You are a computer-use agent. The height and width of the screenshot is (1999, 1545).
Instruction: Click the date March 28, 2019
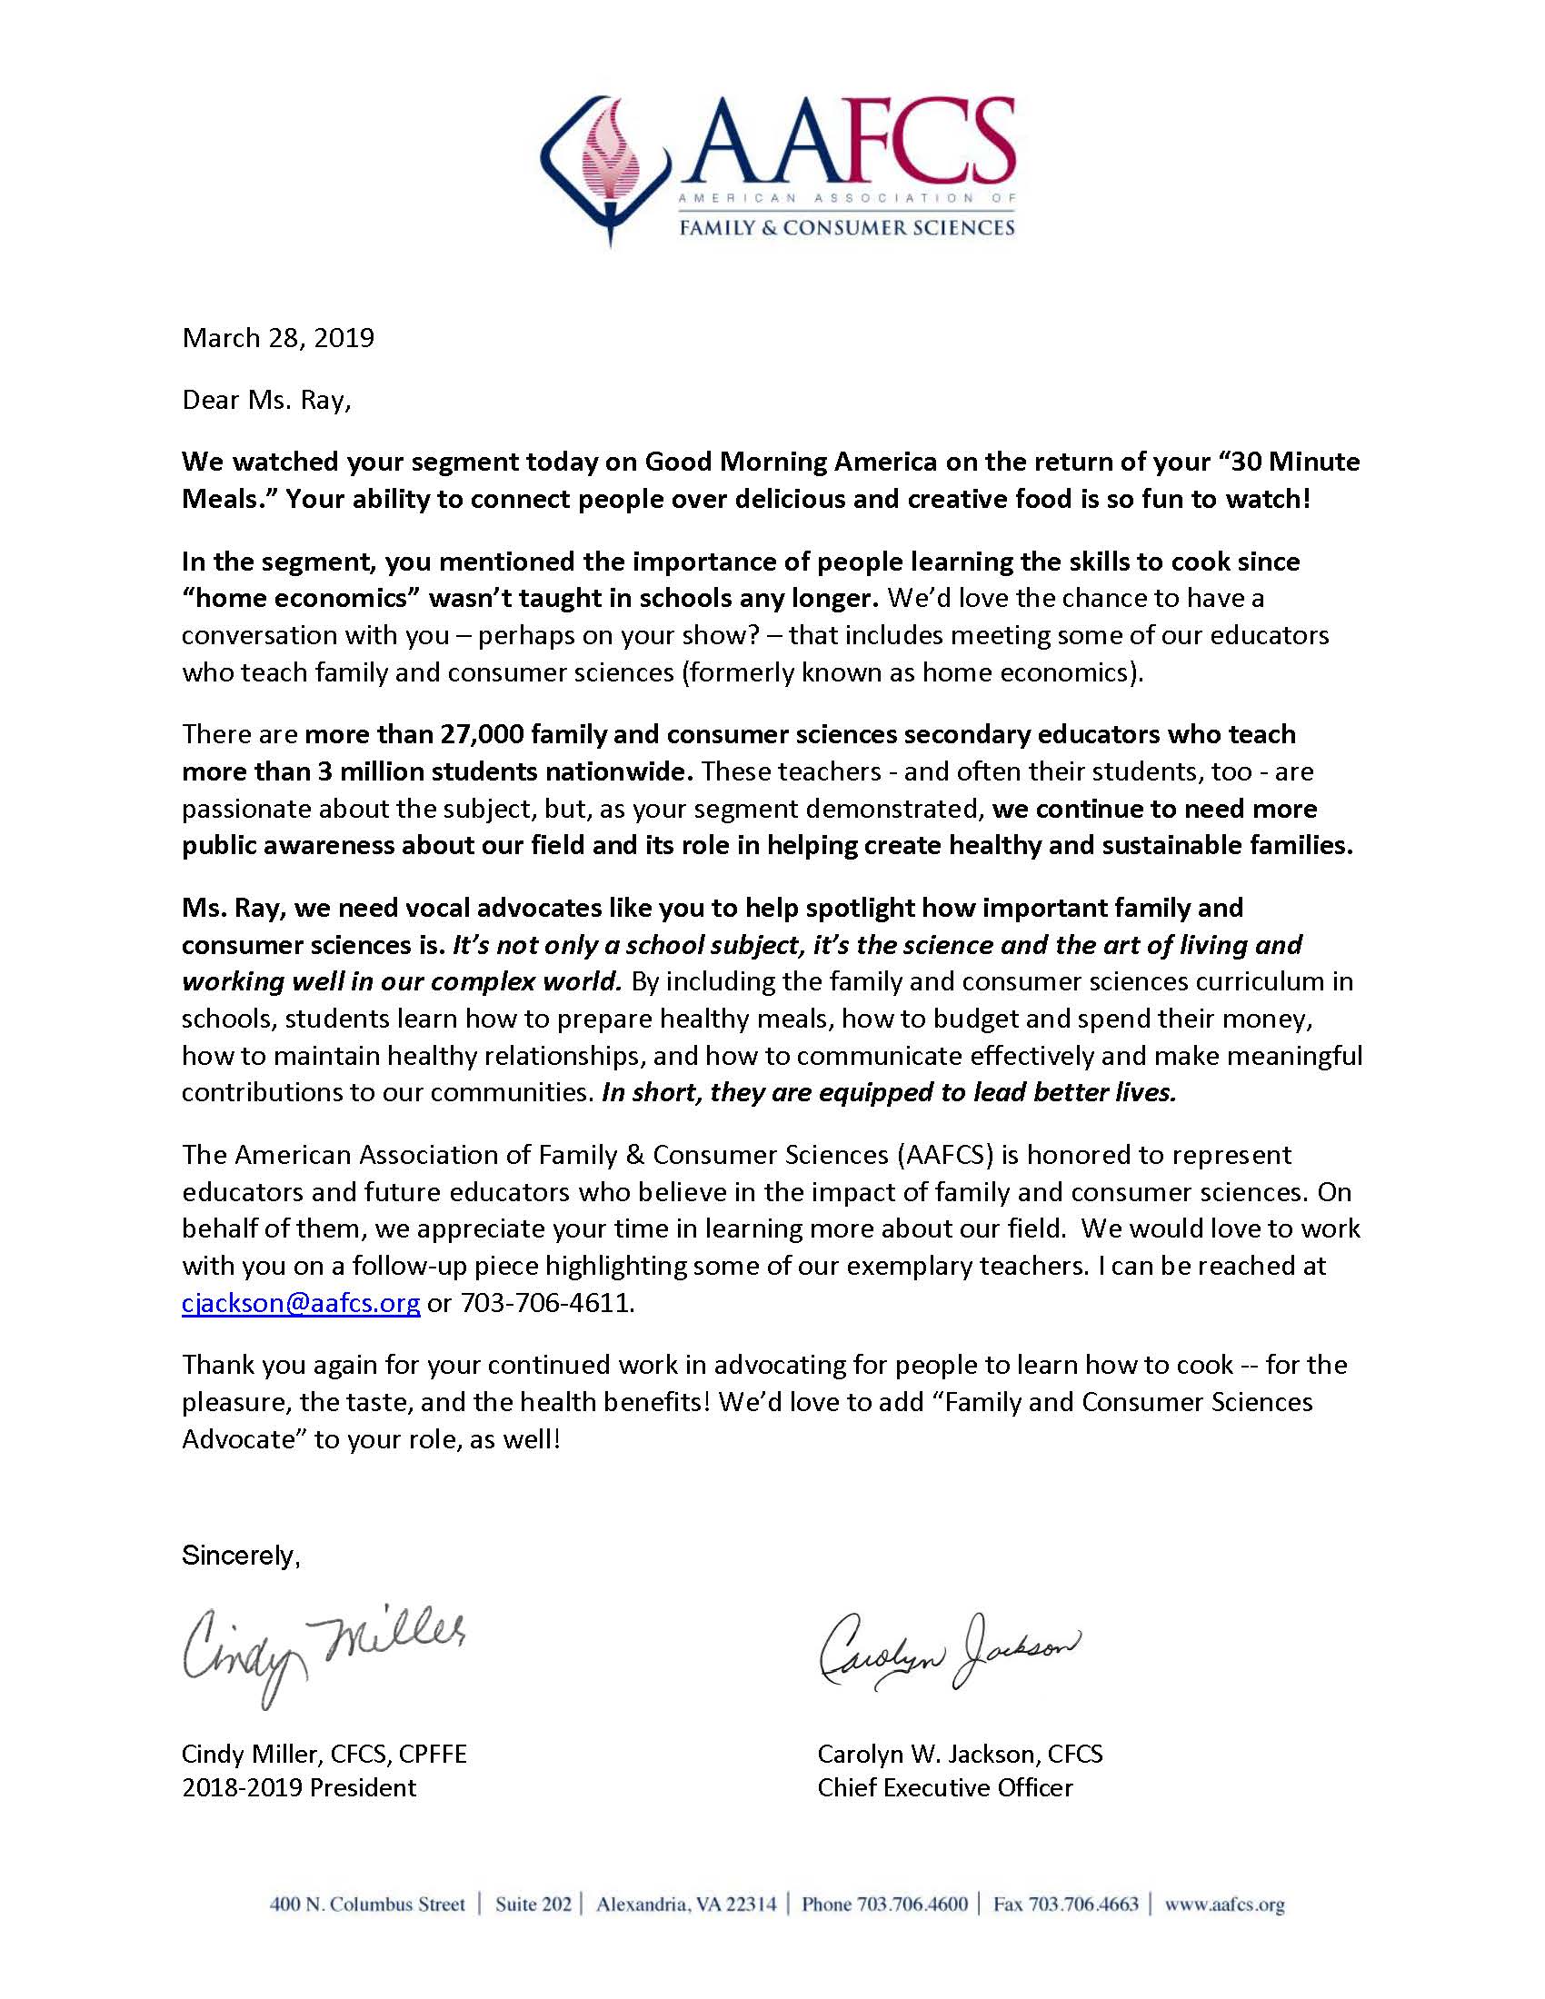tap(278, 338)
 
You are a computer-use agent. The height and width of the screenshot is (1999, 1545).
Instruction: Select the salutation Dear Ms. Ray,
tap(266, 401)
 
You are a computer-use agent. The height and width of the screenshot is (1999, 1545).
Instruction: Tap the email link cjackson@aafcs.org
tap(301, 1302)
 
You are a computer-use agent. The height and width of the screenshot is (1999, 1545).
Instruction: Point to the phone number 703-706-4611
tap(547, 1302)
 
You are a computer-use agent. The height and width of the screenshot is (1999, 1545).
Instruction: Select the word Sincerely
tap(240, 1556)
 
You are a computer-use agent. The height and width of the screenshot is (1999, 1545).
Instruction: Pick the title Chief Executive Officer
tap(944, 1787)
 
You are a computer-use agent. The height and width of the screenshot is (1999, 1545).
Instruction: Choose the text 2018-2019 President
tap(299, 1787)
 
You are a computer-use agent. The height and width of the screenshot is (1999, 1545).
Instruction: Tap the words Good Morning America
tap(791, 462)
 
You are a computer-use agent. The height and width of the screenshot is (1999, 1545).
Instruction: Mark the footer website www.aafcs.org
tap(1225, 1905)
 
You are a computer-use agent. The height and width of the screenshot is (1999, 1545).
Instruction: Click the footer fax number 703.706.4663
tap(1083, 1905)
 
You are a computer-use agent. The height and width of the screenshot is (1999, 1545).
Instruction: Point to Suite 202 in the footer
tap(533, 1905)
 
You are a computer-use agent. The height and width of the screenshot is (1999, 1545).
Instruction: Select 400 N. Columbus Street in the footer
tap(367, 1905)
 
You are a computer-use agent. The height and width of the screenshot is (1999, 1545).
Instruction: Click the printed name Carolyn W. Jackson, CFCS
tap(960, 1754)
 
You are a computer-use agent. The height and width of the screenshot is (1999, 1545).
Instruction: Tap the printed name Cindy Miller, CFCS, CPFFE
tap(324, 1754)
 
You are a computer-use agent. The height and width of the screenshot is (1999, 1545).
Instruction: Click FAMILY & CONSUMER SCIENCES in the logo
tap(846, 227)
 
